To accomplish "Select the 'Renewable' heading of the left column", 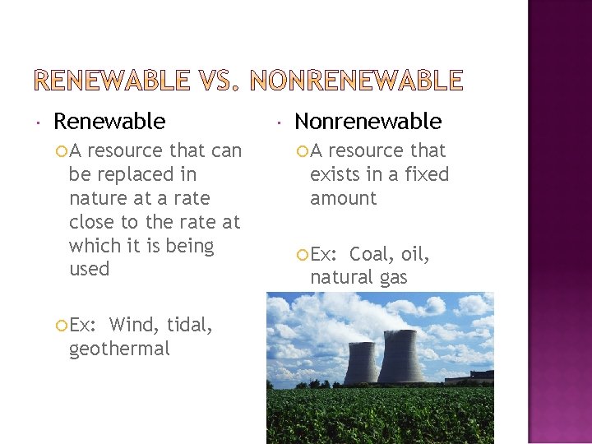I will point(109,122).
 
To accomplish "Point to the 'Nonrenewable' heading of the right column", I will point(368,122).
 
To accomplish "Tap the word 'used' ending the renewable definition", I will point(89,269).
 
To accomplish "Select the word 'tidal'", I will point(188,325).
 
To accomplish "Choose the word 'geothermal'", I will point(119,349).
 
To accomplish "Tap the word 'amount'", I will point(343,198).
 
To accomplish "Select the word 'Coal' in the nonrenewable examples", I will point(372,254).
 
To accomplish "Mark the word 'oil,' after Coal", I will point(415,254).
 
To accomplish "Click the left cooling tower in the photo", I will point(362,358).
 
